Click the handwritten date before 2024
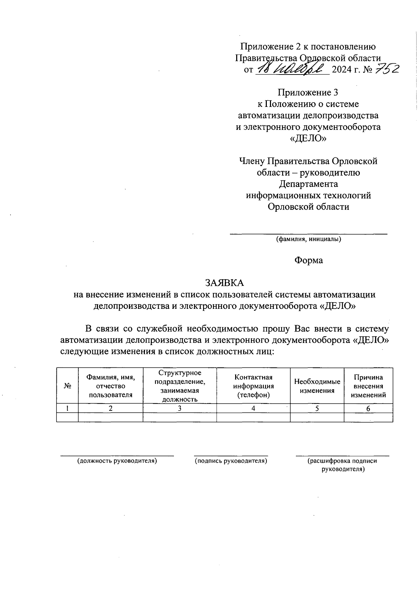292,69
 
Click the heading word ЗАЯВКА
224,282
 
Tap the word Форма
309,260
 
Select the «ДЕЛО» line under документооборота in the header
308,139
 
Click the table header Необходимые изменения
317,386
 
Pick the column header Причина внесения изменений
368,386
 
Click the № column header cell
68,386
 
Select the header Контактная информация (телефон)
253,386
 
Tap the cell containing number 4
253,408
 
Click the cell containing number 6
368,408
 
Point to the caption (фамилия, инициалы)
308,239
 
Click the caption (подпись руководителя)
231,461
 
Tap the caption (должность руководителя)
117,461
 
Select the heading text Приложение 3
308,92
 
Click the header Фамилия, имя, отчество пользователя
110,386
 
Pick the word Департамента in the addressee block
308,184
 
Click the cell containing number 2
110,408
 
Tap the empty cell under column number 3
179,417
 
